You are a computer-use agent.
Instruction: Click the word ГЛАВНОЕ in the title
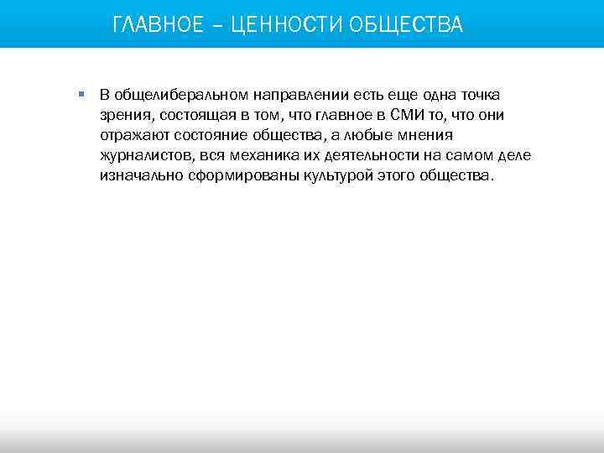pyautogui.click(x=158, y=24)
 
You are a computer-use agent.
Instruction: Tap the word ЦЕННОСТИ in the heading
pyautogui.click(x=284, y=24)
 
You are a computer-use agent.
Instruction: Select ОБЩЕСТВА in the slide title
pyautogui.click(x=406, y=24)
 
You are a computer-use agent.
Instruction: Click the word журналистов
pyautogui.click(x=147, y=156)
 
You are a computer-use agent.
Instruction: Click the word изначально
pyautogui.click(x=138, y=177)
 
